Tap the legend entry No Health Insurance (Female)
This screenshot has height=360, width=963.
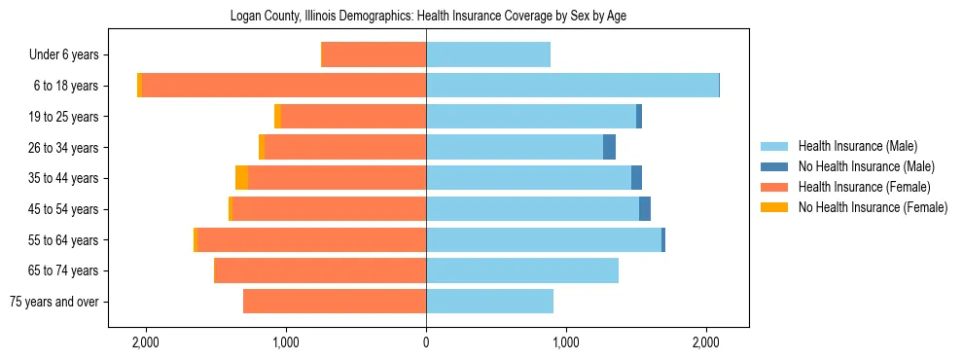tap(873, 207)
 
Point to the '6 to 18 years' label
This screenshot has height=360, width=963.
tap(66, 86)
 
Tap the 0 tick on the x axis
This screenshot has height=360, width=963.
tap(426, 342)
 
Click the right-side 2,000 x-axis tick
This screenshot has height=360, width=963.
tap(706, 342)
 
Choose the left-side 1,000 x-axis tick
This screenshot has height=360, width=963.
tap(286, 342)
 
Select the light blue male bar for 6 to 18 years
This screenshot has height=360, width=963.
tap(572, 86)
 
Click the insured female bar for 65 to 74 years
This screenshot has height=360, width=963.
tap(320, 270)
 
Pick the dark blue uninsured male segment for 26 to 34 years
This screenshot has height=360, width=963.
tap(609, 147)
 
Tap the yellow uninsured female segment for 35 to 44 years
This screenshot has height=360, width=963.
tap(241, 178)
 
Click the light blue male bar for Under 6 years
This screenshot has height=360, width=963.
tap(488, 54)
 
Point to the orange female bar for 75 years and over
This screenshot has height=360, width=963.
tap(335, 302)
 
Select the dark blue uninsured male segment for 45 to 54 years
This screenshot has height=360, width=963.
tap(645, 209)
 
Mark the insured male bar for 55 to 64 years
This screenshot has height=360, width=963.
tap(544, 239)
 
